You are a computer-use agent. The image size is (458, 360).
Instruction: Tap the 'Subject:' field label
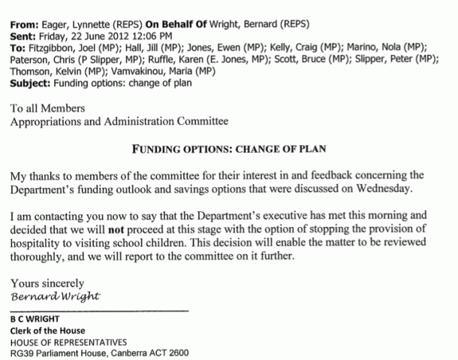pyautogui.click(x=33, y=83)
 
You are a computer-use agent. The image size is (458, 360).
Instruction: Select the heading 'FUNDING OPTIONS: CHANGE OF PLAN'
pyautogui.click(x=229, y=147)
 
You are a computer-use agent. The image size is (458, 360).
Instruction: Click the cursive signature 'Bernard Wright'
pyautogui.click(x=55, y=295)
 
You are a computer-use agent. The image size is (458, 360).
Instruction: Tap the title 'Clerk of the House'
pyautogui.click(x=47, y=331)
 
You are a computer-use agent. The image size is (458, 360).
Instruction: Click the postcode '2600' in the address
pyautogui.click(x=177, y=353)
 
